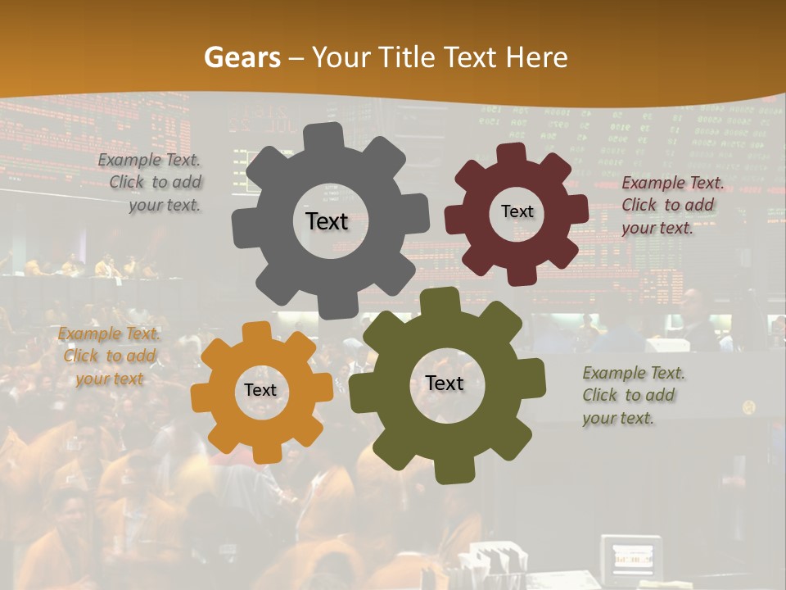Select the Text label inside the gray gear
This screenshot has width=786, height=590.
327,221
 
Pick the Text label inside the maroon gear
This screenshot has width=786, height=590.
517,211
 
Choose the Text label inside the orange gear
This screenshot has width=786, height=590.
260,390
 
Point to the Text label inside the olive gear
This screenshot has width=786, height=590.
445,383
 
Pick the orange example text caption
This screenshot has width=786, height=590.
109,356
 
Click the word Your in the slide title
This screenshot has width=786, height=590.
342,57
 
